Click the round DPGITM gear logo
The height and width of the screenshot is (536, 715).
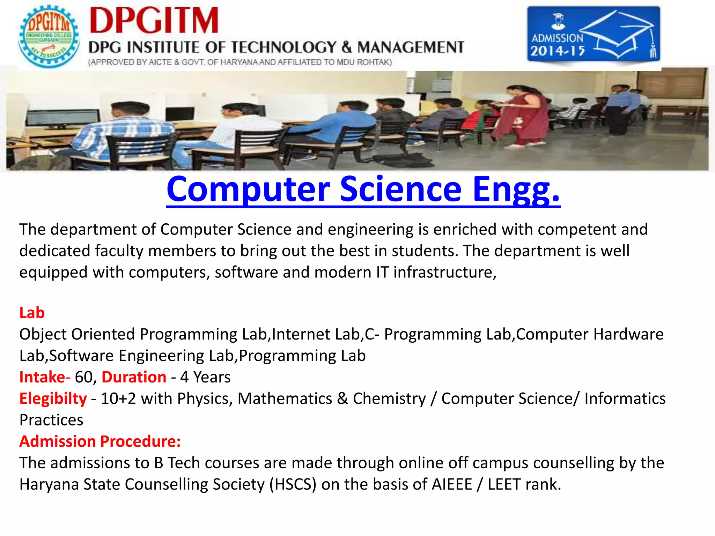49,37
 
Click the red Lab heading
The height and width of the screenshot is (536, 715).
32,313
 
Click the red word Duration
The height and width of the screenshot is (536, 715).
134,377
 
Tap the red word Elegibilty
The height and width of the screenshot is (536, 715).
53,399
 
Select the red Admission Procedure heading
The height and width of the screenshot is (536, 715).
100,441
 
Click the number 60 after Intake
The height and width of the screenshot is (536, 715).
84,377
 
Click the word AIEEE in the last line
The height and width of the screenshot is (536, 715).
452,484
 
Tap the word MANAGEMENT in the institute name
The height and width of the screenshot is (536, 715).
411,47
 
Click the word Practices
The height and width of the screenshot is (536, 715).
51,420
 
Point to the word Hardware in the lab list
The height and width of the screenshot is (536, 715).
628,334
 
